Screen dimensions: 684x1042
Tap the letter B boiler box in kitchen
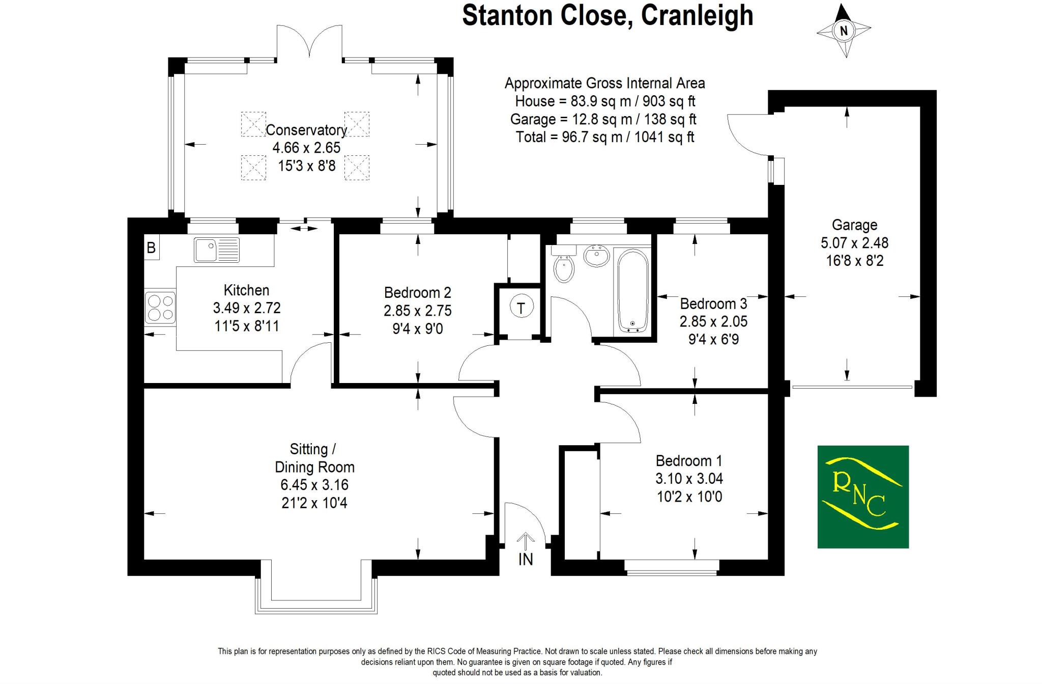pyautogui.click(x=151, y=248)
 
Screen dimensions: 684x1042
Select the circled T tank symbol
pyautogui.click(x=520, y=308)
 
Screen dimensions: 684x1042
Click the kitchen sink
pyautogui.click(x=216, y=250)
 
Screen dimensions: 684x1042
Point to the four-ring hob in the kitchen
pyautogui.click(x=160, y=308)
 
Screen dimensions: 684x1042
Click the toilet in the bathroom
pyautogui.click(x=563, y=265)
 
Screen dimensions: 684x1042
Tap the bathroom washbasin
pyautogui.click(x=596, y=255)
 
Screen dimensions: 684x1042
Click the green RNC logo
pyautogui.click(x=863, y=497)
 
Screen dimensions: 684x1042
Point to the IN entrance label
pyautogui.click(x=526, y=559)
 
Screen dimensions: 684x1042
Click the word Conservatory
pyautogui.click(x=306, y=130)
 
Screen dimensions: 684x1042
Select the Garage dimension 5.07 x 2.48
pyautogui.click(x=854, y=243)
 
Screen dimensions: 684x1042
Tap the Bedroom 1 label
pyautogui.click(x=688, y=461)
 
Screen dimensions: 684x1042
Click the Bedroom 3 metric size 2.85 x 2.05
pyautogui.click(x=713, y=321)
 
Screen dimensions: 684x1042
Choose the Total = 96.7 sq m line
pyautogui.click(x=604, y=137)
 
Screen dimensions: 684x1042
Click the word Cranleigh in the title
pyautogui.click(x=697, y=15)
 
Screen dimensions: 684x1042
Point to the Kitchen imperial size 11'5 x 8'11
pyautogui.click(x=247, y=326)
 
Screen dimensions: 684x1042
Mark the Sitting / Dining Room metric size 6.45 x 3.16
pyautogui.click(x=314, y=485)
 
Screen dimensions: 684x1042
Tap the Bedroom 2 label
pyautogui.click(x=417, y=293)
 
